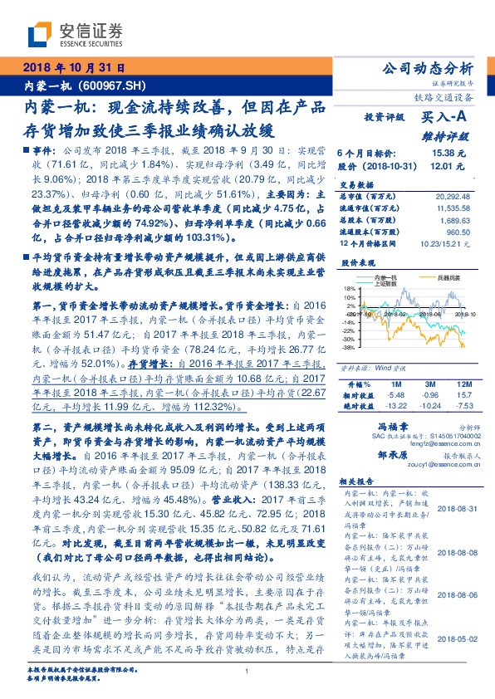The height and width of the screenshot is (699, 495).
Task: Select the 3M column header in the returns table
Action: click(430, 384)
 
